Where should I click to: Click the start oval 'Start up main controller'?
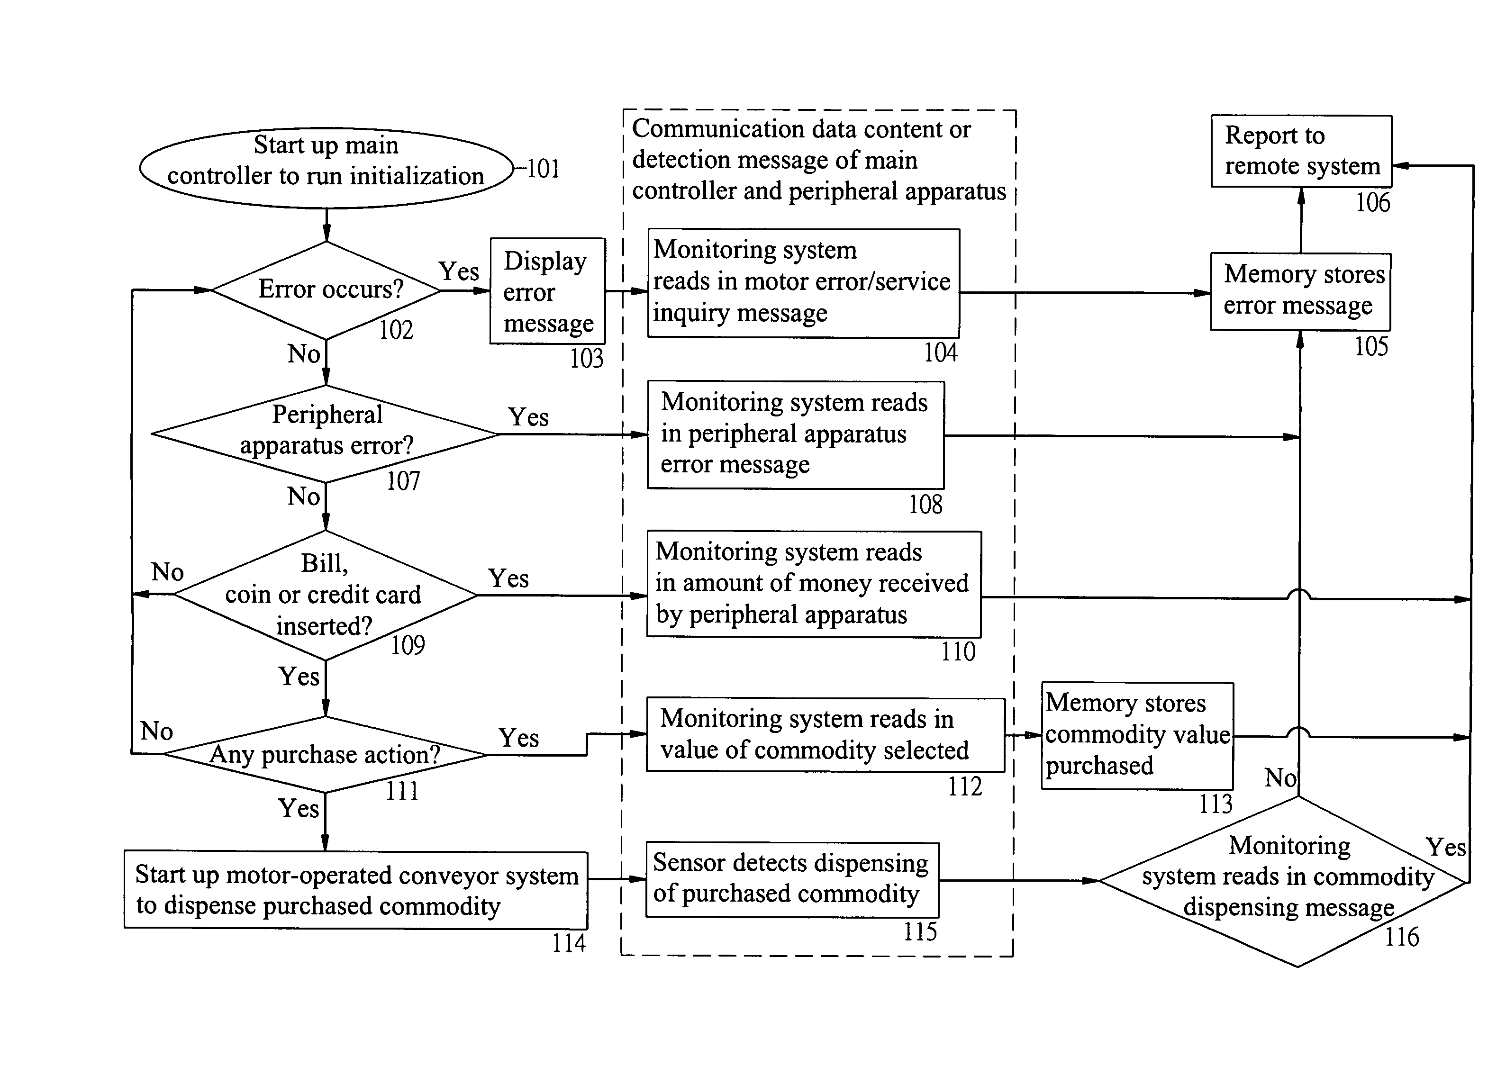pyautogui.click(x=326, y=168)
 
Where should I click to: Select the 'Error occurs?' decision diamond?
pyautogui.click(x=326, y=290)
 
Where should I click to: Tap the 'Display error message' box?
pyautogui.click(x=548, y=291)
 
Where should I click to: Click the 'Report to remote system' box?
pyautogui.click(x=1301, y=151)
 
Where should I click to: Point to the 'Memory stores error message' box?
pyautogui.click(x=1300, y=291)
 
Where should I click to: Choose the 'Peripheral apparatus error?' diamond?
pyautogui.click(x=326, y=434)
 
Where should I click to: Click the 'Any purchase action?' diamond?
pyautogui.click(x=326, y=754)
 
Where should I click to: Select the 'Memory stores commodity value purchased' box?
pyautogui.click(x=1137, y=735)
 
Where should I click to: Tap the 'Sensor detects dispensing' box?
pyautogui.click(x=792, y=879)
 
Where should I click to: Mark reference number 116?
pyautogui.click(x=1401, y=937)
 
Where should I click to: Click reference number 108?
pyautogui.click(x=925, y=505)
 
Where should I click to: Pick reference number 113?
pyautogui.click(x=1215, y=804)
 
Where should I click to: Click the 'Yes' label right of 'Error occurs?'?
pyautogui.click(x=458, y=271)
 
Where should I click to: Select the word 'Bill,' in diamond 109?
pyautogui.click(x=324, y=564)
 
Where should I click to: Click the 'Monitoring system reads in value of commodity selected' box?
pyautogui.click(x=826, y=734)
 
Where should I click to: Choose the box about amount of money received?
pyautogui.click(x=814, y=584)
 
